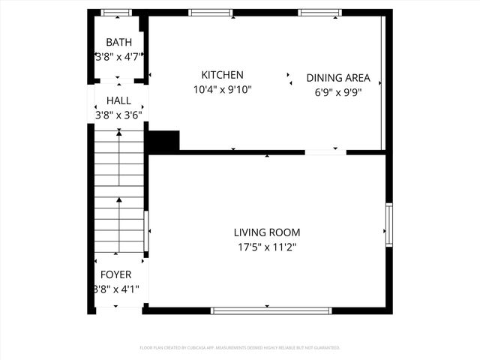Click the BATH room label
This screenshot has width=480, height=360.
pyautogui.click(x=118, y=42)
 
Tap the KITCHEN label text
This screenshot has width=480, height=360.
pyautogui.click(x=222, y=75)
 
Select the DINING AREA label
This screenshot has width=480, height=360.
pyautogui.click(x=338, y=78)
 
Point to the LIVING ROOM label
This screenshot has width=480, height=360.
pyautogui.click(x=266, y=232)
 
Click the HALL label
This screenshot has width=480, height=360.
pyautogui.click(x=118, y=100)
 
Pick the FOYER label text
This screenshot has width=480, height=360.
pyautogui.click(x=115, y=274)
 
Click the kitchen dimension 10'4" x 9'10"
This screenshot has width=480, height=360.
pyautogui.click(x=222, y=89)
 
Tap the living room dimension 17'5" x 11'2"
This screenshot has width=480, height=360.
pyautogui.click(x=266, y=247)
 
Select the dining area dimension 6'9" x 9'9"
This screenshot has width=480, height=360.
pyautogui.click(x=338, y=92)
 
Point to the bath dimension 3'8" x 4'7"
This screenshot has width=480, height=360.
pyautogui.click(x=118, y=56)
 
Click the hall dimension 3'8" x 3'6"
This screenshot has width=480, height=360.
pyautogui.click(x=118, y=115)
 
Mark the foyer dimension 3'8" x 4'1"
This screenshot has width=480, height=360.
pyautogui.click(x=115, y=289)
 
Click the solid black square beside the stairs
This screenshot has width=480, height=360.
pyautogui.click(x=164, y=141)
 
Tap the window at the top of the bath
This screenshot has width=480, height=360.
pyautogui.click(x=116, y=12)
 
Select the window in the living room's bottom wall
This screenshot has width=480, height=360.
pyautogui.click(x=271, y=310)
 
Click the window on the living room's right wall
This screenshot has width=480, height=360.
pyautogui.click(x=388, y=223)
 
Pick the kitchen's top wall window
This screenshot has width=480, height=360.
pyautogui.click(x=210, y=12)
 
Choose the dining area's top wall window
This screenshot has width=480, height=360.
pyautogui.click(x=321, y=12)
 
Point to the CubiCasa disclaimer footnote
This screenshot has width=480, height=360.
pyautogui.click(x=240, y=348)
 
